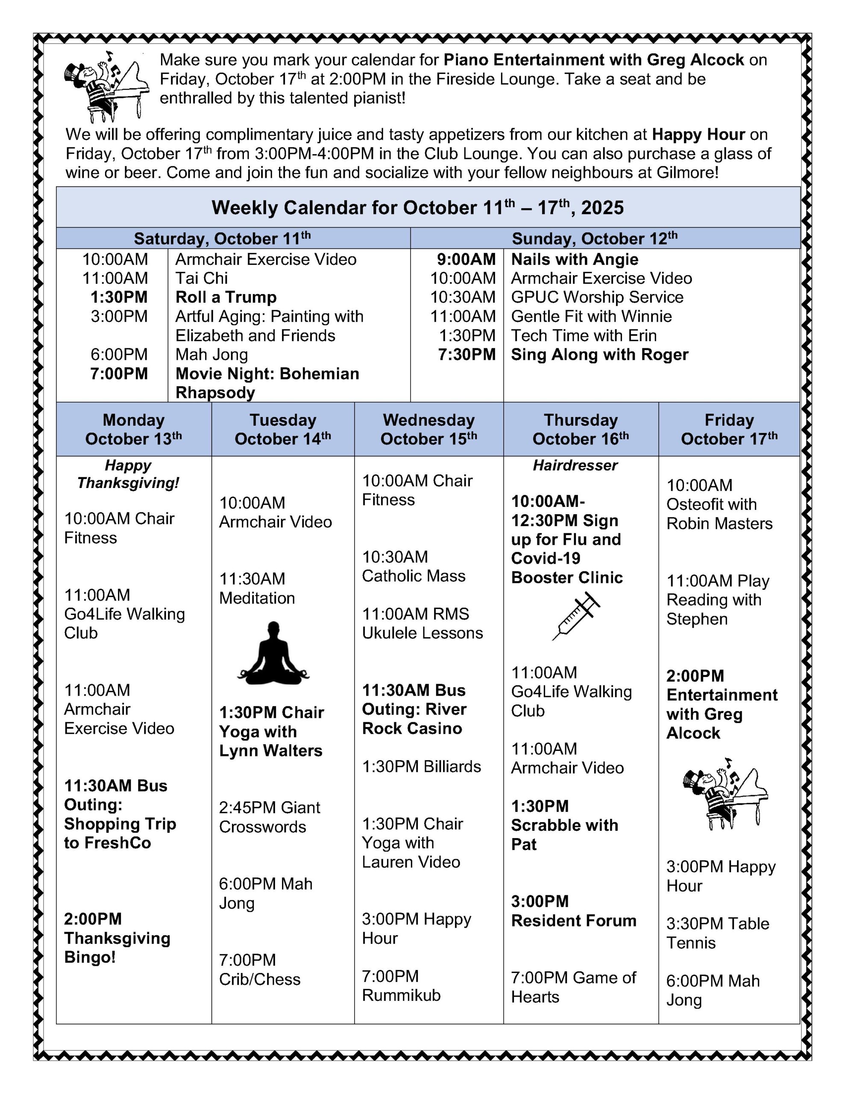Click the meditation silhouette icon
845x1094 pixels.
273,653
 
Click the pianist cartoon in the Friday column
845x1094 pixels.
725,793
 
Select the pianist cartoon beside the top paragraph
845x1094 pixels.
106,86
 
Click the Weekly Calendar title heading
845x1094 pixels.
417,207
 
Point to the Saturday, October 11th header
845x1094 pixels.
223,238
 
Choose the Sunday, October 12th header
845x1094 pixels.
595,238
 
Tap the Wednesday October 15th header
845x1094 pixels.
429,429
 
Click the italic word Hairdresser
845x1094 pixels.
575,465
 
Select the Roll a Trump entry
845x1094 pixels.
226,297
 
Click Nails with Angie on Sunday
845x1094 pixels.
575,259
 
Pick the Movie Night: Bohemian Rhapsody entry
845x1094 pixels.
267,383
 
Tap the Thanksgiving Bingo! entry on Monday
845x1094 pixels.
117,938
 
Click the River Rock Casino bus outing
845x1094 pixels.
414,709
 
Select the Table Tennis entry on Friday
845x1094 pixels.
717,933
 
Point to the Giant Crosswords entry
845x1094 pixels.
270,817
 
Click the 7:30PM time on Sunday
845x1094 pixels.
467,355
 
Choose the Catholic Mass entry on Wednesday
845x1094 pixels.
414,566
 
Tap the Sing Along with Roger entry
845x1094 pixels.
599,355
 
